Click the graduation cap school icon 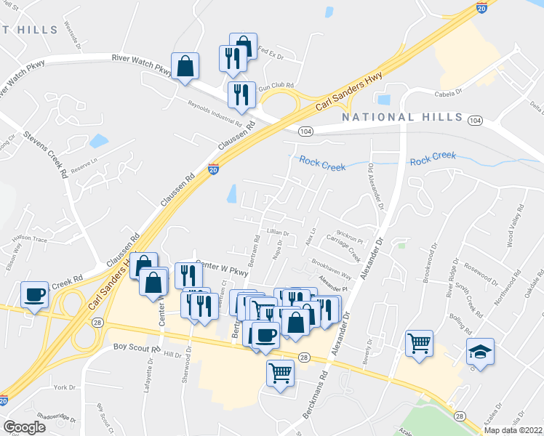coord(480,351)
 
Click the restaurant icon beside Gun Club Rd coord(240,94)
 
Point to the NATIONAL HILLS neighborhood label coord(402,117)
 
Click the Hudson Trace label coord(30,238)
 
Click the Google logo coord(24,427)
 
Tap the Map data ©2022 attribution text coord(513,430)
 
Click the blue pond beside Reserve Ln coord(98,141)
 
